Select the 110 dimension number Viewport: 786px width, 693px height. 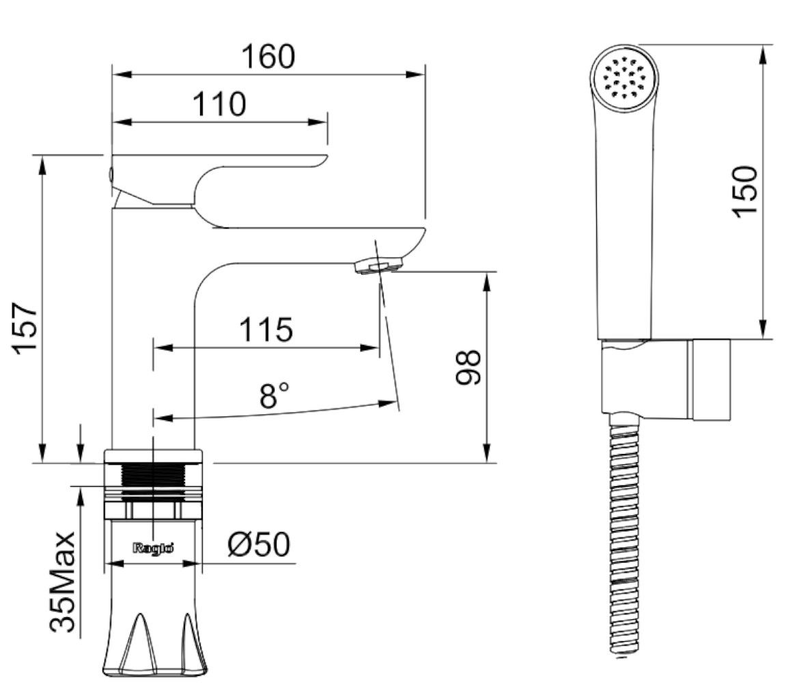pos(220,104)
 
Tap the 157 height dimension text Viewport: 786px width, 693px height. pos(25,328)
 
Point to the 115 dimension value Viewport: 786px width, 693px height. pos(265,330)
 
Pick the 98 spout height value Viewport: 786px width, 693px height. pos(468,367)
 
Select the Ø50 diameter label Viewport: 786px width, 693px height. pos(258,544)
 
